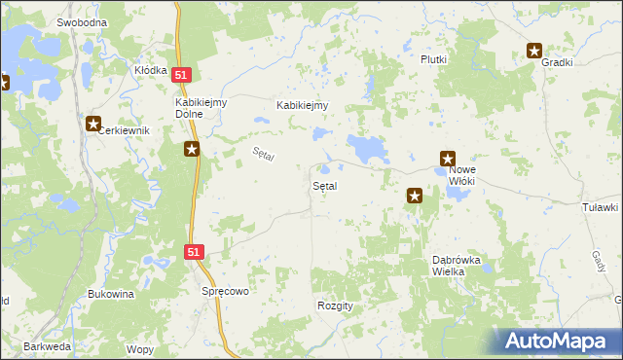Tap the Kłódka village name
(x=151, y=71)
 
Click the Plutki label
(x=433, y=59)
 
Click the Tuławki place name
(x=600, y=207)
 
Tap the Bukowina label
(x=110, y=293)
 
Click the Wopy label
(x=140, y=349)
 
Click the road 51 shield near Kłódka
(x=182, y=75)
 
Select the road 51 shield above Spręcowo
(x=194, y=252)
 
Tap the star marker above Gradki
(x=534, y=51)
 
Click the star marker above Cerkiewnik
(x=93, y=124)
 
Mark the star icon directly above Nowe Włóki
(x=448, y=158)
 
